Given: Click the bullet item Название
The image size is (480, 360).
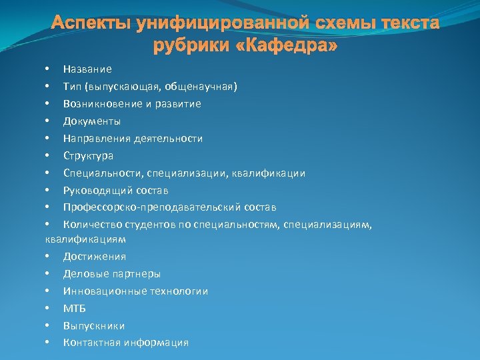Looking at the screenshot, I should (x=87, y=69).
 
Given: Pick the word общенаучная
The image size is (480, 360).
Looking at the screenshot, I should (x=198, y=87).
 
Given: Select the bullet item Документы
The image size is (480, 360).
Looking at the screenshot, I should (x=92, y=121).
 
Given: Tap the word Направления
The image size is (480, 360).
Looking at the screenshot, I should (x=95, y=139).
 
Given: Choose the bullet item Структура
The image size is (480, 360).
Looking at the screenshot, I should (x=88, y=156).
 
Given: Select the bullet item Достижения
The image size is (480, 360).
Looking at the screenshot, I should (x=95, y=257).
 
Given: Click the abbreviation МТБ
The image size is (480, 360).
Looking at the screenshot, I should (x=75, y=309).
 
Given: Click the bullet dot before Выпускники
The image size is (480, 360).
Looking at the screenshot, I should (x=47, y=326).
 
